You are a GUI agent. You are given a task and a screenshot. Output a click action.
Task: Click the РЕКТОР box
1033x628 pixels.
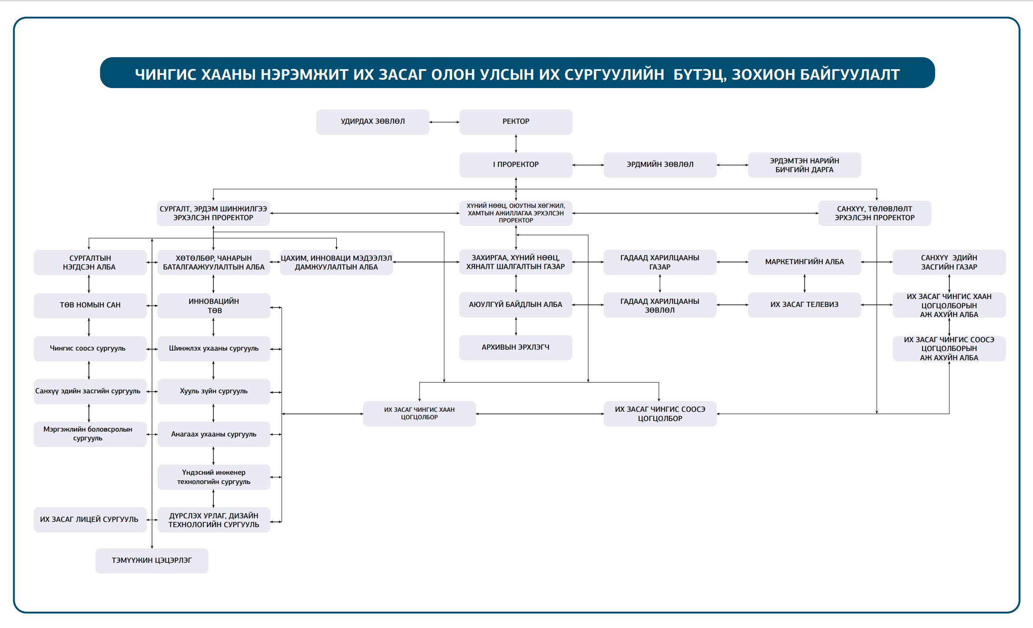515,122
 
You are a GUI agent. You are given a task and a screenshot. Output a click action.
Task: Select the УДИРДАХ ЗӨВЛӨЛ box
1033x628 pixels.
372,122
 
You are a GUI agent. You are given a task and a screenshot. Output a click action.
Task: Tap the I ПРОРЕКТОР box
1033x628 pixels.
515,165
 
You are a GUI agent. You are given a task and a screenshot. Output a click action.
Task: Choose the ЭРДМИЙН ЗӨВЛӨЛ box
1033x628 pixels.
660,165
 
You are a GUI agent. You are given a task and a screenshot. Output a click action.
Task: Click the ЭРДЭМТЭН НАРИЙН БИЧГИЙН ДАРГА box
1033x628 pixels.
804,165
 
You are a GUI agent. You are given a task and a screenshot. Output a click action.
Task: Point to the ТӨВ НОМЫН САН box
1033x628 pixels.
90,305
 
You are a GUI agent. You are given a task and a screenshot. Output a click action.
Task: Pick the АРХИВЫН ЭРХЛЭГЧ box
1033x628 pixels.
515,347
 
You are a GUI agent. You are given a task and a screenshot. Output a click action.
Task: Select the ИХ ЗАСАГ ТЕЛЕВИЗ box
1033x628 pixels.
804,305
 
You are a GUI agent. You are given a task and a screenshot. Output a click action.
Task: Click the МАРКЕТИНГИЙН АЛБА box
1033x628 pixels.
804,262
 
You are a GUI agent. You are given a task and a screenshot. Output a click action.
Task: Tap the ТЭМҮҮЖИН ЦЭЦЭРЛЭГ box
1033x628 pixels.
151,561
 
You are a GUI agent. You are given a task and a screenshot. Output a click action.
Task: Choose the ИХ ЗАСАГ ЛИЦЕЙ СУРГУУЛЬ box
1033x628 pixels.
90,520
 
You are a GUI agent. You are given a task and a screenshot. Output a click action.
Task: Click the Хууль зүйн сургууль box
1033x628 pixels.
213,392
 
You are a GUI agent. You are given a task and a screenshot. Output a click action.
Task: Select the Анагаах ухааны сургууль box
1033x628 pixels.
213,434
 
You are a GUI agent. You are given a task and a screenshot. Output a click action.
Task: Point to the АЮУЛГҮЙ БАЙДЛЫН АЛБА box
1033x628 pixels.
515,305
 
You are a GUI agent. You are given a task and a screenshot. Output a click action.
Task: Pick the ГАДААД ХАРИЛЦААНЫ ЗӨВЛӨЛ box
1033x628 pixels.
659,305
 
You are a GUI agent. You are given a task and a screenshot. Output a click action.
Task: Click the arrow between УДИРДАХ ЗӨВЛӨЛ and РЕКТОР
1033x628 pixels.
444,122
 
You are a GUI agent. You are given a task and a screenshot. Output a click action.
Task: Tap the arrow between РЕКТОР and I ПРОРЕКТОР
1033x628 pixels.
516,144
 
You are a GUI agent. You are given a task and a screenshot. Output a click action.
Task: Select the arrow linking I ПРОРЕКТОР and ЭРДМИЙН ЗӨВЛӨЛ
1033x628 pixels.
588,165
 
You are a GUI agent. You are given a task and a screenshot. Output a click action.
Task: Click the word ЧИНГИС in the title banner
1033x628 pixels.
165,74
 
